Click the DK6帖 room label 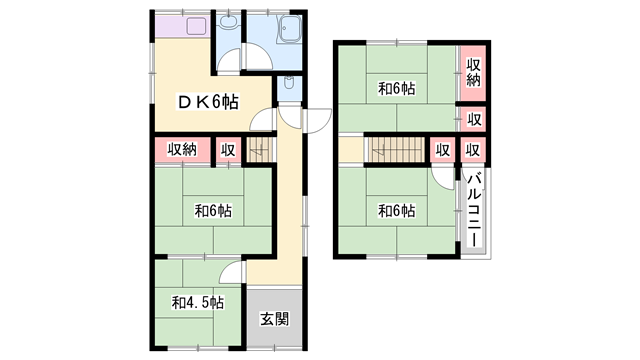click(208, 101)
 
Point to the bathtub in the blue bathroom click(293, 33)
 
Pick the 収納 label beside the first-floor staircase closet click(182, 150)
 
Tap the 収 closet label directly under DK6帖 click(228, 150)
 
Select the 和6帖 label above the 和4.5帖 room click(213, 211)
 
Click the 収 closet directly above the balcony click(474, 150)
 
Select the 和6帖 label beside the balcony click(397, 211)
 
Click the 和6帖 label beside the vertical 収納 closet click(397, 89)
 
